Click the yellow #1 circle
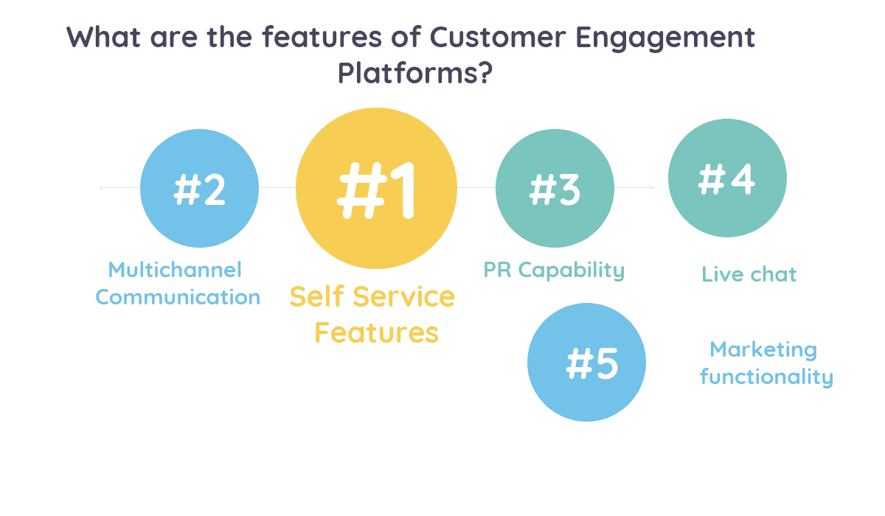click(376, 187)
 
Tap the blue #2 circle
click(199, 187)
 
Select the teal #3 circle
click(555, 189)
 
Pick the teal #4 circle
click(727, 178)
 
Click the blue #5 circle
click(586, 362)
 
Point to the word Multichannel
click(175, 270)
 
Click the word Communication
click(178, 298)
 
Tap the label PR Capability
click(554, 270)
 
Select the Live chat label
click(749, 275)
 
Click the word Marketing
click(763, 349)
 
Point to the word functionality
click(766, 377)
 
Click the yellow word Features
click(376, 332)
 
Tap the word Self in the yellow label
click(318, 297)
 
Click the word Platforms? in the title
click(414, 73)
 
